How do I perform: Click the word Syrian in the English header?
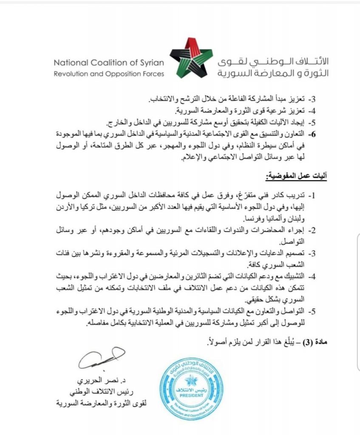[x=150, y=62]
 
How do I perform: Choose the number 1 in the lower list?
[x=312, y=196]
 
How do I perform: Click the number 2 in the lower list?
[x=312, y=231]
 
